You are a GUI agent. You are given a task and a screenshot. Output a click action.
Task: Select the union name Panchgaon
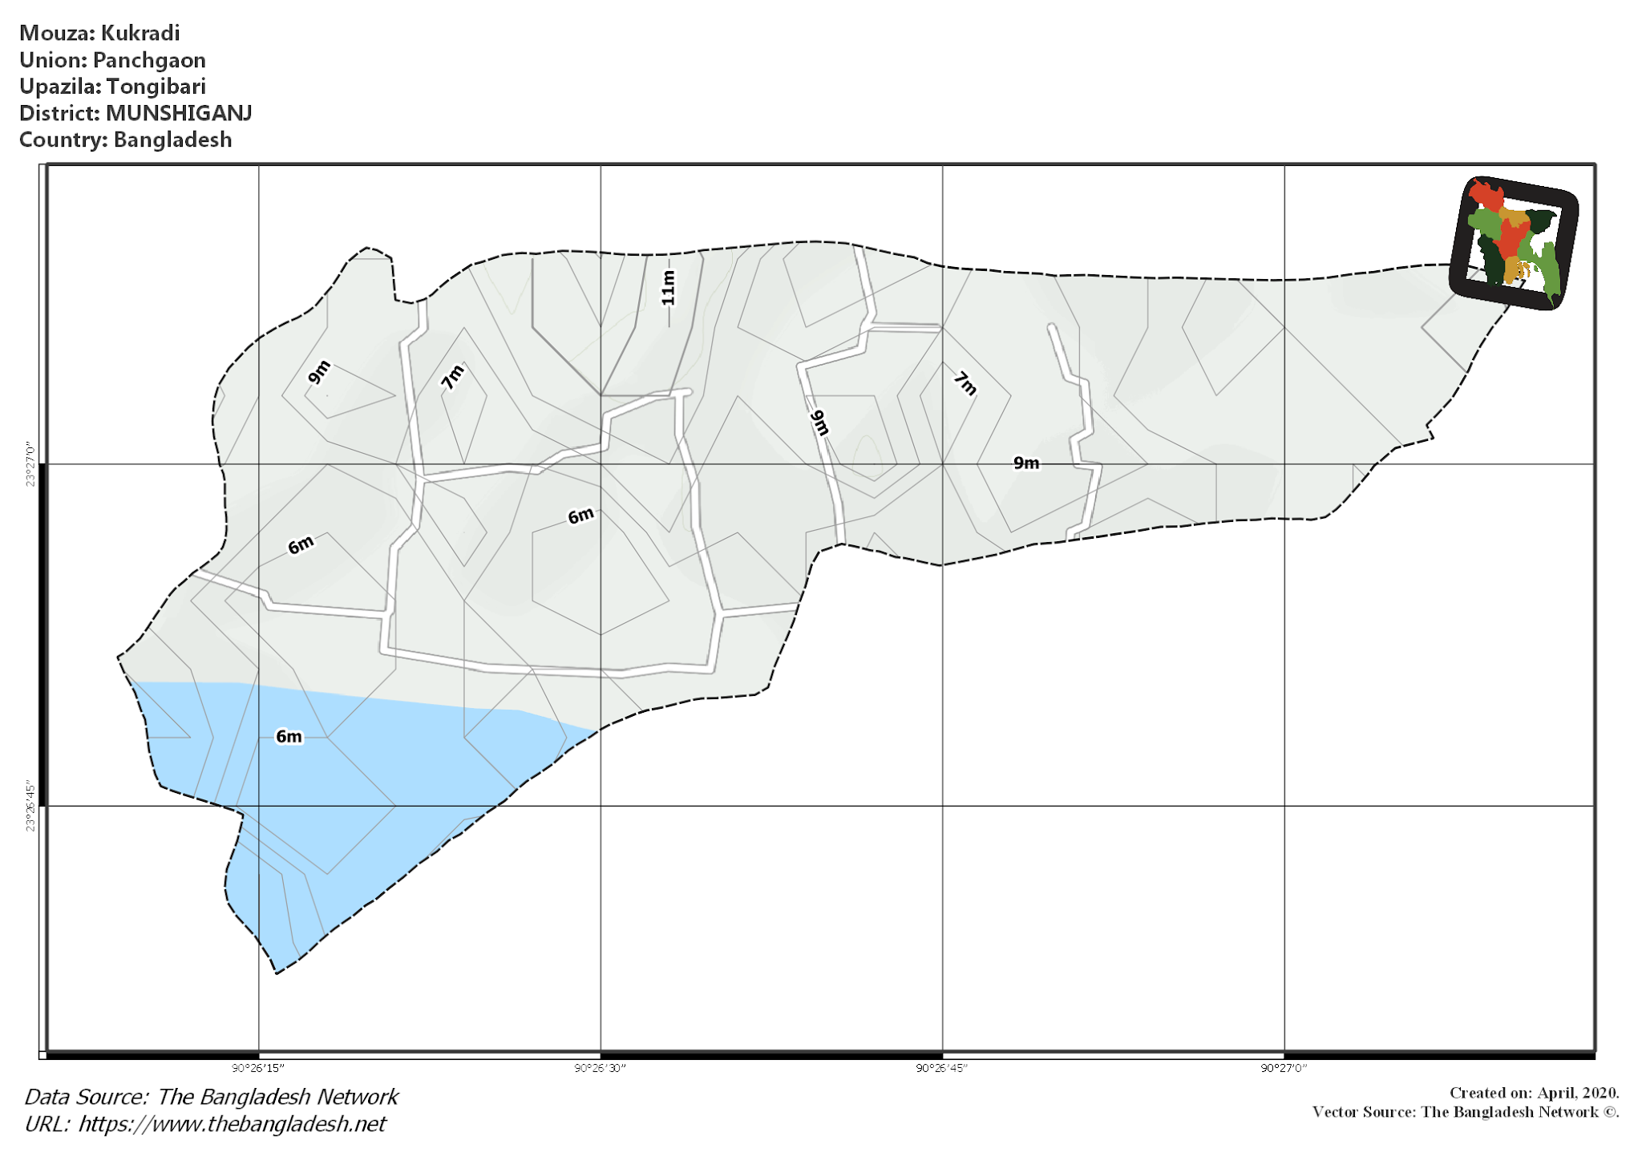149,60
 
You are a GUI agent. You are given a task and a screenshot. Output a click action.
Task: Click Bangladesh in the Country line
172,140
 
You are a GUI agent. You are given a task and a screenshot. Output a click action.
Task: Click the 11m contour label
668,287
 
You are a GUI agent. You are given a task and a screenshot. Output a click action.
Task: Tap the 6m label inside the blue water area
289,736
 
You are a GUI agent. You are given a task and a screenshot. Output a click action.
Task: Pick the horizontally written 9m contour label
1026,463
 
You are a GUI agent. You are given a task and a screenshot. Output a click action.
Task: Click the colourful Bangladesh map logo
1513,243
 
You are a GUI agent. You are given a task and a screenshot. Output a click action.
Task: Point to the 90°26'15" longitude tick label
258,1068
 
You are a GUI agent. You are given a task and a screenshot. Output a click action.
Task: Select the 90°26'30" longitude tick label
601,1068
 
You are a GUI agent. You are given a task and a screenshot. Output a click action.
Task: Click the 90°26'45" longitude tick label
942,1068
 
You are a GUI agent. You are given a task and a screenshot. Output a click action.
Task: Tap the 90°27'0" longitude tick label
1284,1068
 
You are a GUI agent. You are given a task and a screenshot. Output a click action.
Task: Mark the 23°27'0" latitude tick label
30,463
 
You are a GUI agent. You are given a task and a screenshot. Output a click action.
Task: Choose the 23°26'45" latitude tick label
30,806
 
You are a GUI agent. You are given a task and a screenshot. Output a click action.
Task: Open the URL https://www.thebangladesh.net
232,1124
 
